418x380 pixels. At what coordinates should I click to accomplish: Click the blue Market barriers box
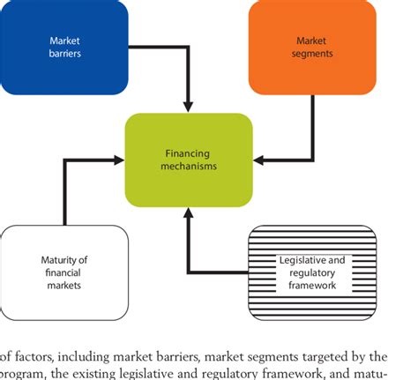(x=64, y=47)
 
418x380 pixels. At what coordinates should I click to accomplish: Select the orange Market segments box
(x=312, y=47)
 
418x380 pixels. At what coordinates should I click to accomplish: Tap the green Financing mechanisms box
(x=189, y=160)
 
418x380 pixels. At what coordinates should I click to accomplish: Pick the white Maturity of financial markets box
(x=64, y=272)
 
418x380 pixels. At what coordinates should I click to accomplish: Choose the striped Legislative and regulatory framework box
(x=312, y=272)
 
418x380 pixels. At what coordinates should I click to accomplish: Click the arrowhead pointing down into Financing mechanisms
(x=188, y=107)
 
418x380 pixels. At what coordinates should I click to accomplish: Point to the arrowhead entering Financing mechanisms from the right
(x=258, y=160)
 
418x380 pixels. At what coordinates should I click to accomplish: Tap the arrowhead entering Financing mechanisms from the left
(x=119, y=160)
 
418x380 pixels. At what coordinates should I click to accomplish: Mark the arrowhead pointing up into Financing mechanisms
(x=188, y=213)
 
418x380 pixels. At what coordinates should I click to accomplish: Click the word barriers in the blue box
(x=65, y=54)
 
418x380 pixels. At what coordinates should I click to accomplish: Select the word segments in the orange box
(x=312, y=54)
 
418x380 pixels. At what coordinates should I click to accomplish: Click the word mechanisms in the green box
(x=189, y=166)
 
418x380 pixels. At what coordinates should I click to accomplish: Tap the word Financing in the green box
(x=188, y=153)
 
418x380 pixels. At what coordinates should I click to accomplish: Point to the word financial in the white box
(x=63, y=272)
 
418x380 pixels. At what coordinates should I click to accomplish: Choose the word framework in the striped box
(x=312, y=286)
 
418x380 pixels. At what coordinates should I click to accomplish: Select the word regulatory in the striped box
(x=312, y=273)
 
